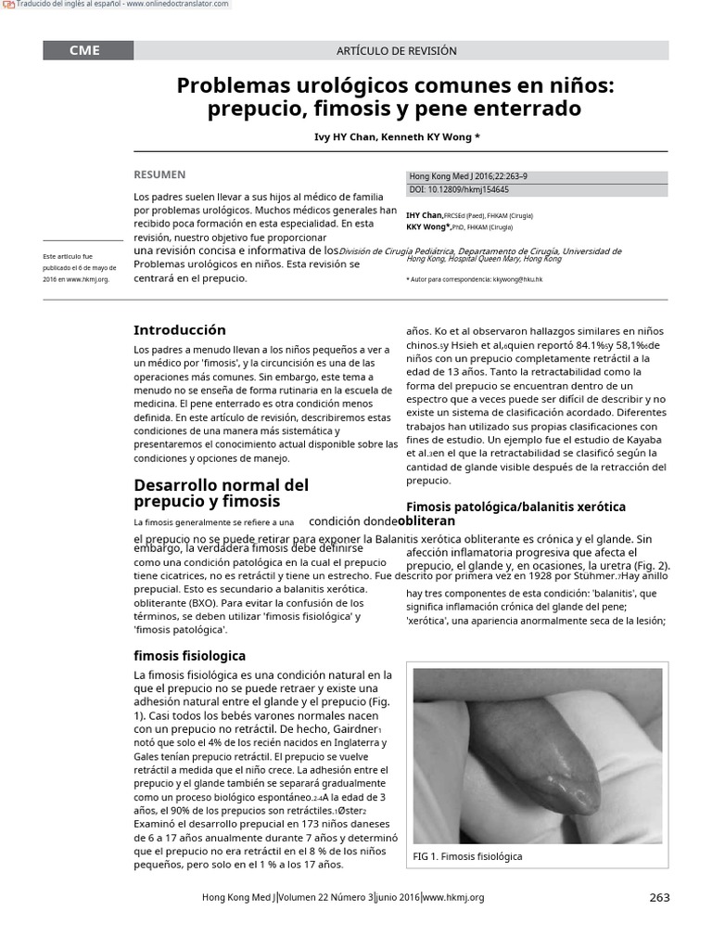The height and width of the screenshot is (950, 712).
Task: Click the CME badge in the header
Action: click(83, 51)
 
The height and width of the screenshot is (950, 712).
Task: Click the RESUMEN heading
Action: click(159, 174)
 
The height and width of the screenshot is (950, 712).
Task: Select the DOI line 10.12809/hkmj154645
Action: click(459, 189)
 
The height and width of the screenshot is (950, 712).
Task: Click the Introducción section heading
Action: click(180, 329)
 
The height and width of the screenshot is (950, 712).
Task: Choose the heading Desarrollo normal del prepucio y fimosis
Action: click(222, 493)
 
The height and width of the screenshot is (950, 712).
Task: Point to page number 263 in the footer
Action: click(659, 897)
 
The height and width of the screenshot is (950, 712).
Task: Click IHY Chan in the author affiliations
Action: click(424, 215)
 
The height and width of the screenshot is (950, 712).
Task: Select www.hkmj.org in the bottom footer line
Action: click(453, 897)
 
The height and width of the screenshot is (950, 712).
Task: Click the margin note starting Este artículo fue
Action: click(69, 256)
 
